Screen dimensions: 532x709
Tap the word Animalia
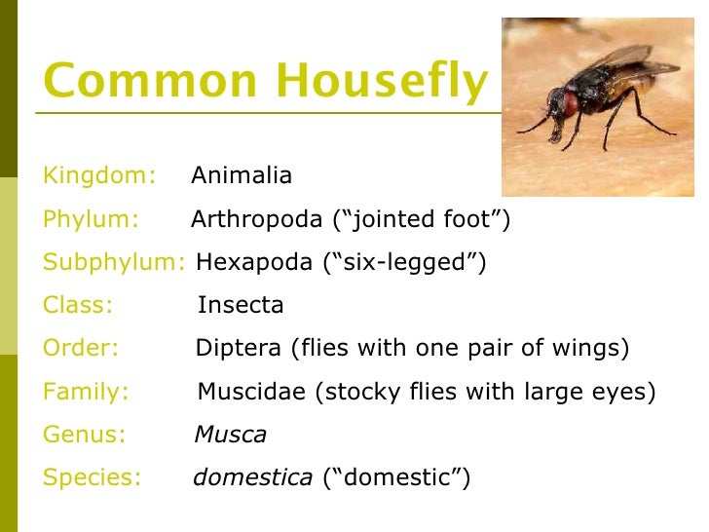click(242, 175)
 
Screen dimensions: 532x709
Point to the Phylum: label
click(92, 219)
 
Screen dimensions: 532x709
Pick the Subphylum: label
click(114, 262)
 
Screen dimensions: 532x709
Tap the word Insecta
click(241, 305)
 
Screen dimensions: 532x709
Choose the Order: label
click(81, 348)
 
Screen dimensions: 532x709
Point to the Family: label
click(86, 392)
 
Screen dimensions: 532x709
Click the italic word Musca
click(231, 435)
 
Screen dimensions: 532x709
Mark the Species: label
click(92, 477)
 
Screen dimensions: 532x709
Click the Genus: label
click(84, 435)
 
